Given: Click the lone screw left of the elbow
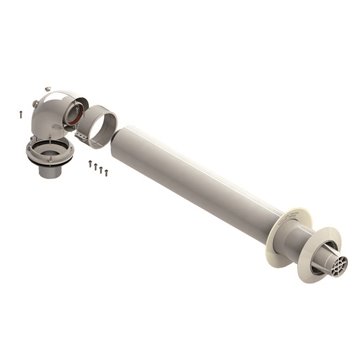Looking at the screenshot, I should (x=20, y=114).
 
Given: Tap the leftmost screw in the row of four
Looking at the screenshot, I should (x=89, y=163).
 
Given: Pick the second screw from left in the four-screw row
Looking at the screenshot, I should (x=94, y=166).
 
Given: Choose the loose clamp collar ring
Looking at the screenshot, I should (x=99, y=127).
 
